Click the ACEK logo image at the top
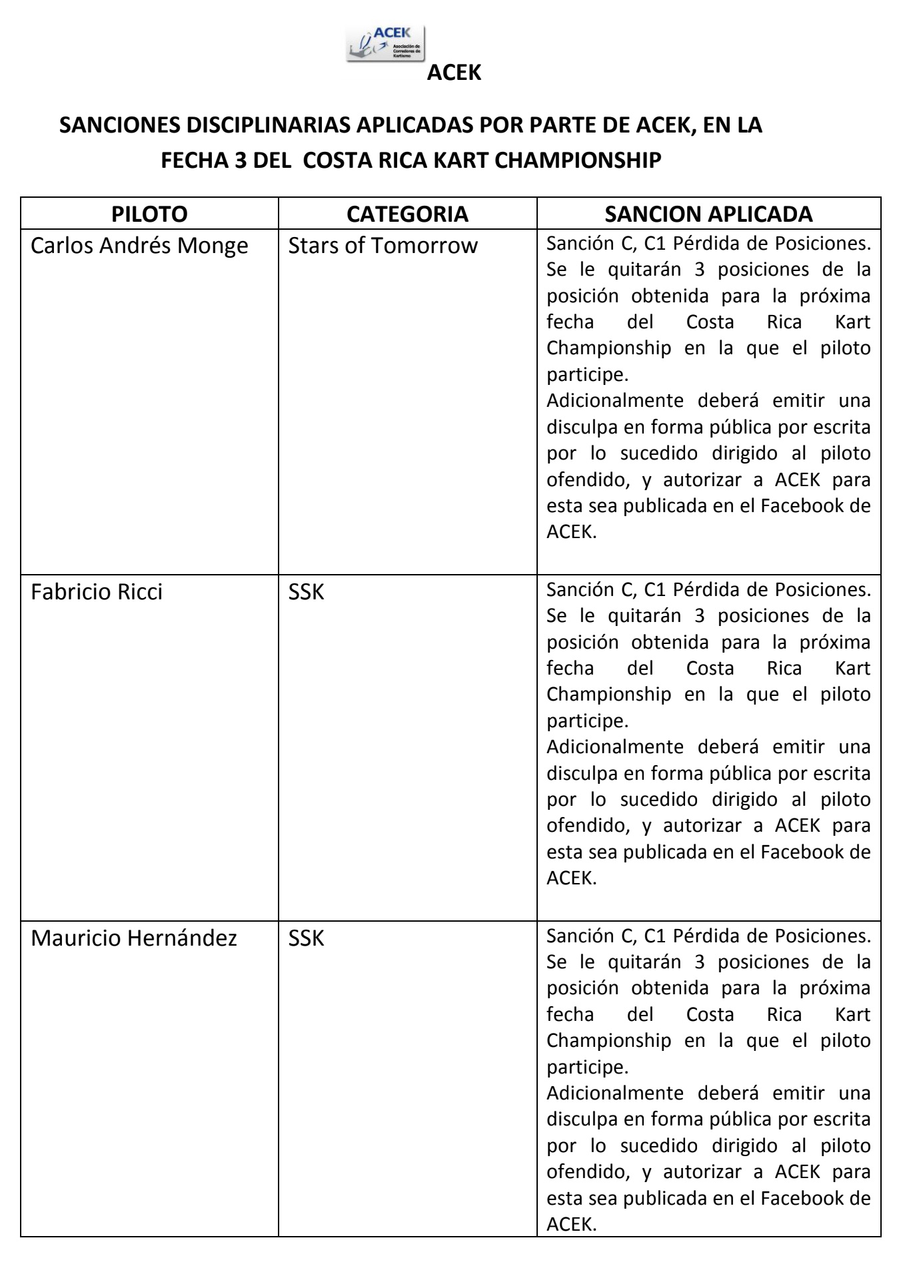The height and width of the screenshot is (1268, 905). point(385,44)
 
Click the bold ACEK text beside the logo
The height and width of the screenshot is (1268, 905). point(453,73)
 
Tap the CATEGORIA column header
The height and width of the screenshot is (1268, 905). point(407,214)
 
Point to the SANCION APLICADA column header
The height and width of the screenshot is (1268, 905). point(708,214)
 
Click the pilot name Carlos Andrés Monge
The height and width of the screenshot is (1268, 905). point(139,246)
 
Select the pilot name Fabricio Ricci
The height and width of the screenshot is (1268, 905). point(97,592)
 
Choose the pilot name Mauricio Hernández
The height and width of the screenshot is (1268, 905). point(134,938)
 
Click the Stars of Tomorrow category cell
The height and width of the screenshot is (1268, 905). point(383,246)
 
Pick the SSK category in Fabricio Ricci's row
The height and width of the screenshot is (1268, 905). point(306,592)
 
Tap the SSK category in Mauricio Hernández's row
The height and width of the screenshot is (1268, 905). point(306,938)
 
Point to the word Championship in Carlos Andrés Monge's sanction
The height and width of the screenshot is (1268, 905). point(608,348)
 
